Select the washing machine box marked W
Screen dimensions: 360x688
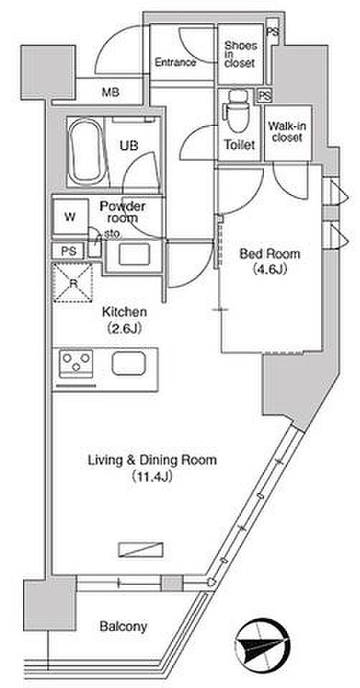(70, 217)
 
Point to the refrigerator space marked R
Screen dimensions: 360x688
(73, 282)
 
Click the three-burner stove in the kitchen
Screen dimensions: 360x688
(76, 363)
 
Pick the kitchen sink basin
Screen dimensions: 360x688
(128, 363)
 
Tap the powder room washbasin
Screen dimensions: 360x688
(134, 254)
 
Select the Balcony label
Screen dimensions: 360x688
(123, 626)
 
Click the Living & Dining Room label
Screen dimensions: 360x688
(152, 460)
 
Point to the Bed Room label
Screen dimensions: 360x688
(263, 254)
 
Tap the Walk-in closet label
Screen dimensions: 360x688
(287, 132)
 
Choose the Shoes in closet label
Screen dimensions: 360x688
(240, 54)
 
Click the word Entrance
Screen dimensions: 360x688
(175, 62)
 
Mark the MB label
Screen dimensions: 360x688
(110, 92)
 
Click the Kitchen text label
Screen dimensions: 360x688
(124, 312)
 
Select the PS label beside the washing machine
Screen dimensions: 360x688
(70, 252)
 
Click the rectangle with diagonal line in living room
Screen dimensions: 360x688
(141, 550)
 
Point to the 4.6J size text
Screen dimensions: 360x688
(263, 269)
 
